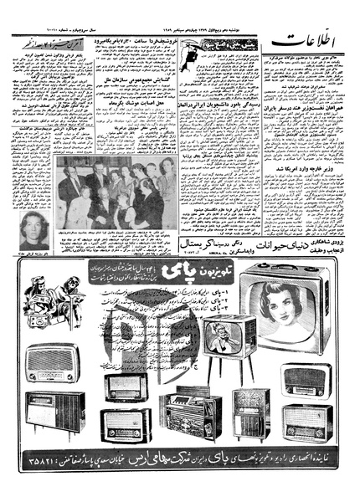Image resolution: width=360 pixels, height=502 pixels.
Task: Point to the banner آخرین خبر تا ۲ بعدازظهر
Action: click(x=53, y=40)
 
